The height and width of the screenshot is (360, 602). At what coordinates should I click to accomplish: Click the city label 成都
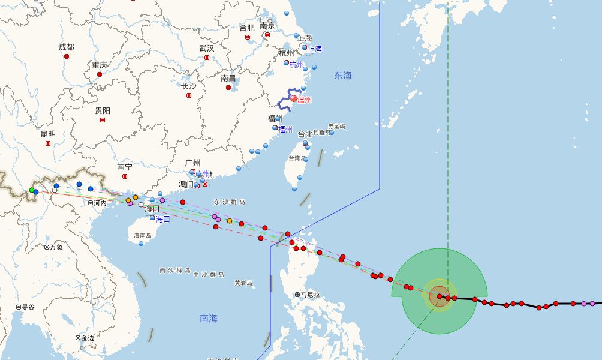67,47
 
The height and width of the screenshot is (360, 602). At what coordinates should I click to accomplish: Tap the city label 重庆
100,65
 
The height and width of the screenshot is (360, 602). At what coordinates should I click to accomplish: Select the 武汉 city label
207,48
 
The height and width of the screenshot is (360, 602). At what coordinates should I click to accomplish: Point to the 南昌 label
228,78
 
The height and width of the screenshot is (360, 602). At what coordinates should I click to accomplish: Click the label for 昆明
48,134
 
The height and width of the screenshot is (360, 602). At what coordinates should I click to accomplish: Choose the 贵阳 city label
103,111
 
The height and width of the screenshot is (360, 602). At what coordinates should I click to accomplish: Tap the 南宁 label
125,167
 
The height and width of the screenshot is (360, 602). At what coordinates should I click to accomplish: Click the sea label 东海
344,76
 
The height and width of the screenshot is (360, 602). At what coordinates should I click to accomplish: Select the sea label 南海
209,319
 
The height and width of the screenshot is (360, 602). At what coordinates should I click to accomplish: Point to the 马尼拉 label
309,295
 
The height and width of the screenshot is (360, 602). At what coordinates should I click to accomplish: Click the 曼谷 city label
28,307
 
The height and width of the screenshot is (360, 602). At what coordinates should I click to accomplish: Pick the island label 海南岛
143,236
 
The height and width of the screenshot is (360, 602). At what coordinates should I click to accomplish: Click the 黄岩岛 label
243,283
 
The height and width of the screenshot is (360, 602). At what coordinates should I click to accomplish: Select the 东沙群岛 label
230,202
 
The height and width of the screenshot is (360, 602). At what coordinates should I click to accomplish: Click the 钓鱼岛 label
321,133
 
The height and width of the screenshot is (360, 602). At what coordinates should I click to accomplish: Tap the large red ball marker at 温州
294,99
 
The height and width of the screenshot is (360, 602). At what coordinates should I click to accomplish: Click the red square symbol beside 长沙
188,95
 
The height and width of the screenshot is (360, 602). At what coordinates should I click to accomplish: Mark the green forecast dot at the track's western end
32,190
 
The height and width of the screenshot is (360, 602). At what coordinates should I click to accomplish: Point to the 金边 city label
88,338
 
